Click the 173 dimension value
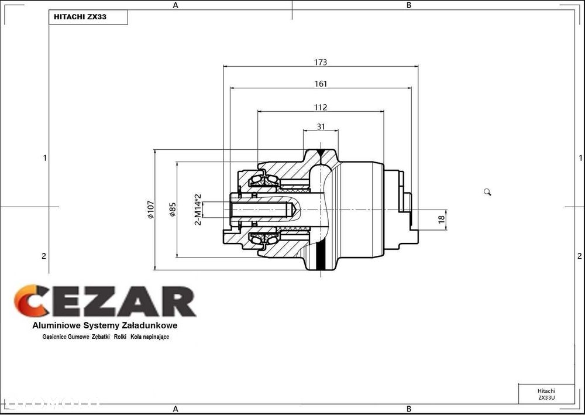click(x=321, y=62)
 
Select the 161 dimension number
click(x=321, y=84)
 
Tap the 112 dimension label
click(x=321, y=108)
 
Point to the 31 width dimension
click(x=321, y=127)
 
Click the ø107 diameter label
click(x=150, y=210)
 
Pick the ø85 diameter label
click(x=173, y=210)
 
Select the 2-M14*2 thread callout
click(x=198, y=210)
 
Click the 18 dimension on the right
click(x=442, y=219)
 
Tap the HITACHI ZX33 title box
click(x=88, y=17)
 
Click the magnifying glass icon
click(x=487, y=192)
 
